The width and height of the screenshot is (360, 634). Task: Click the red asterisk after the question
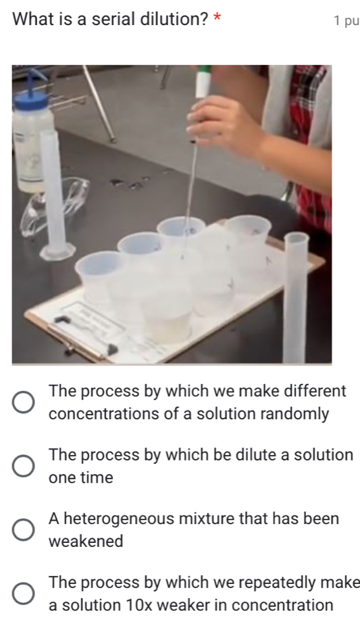(x=217, y=17)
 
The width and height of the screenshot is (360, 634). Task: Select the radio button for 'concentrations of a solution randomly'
(x=23, y=402)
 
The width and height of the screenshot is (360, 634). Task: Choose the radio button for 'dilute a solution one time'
(x=23, y=466)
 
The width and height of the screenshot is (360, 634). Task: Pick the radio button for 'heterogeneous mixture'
(x=23, y=529)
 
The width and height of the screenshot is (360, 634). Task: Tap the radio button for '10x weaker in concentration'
(x=23, y=593)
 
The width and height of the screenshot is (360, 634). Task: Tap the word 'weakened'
(x=86, y=541)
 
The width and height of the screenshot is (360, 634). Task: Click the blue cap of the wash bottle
(x=31, y=99)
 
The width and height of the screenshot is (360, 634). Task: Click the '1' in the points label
(x=338, y=20)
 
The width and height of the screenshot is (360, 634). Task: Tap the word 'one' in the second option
(x=63, y=478)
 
